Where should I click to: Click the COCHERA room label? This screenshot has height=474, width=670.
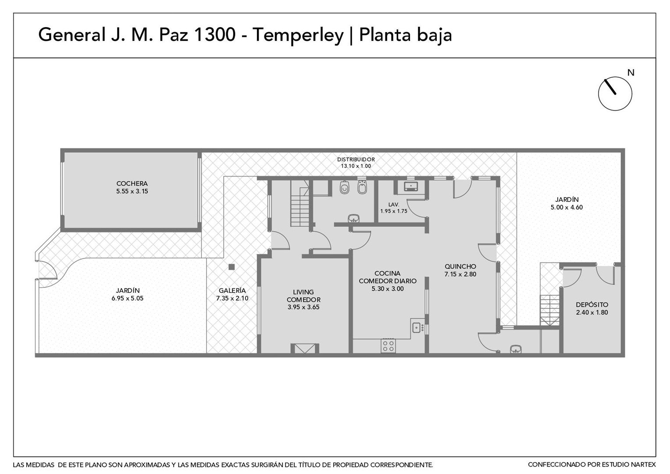[x=132, y=183]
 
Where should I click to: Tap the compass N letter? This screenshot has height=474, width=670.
[x=631, y=73]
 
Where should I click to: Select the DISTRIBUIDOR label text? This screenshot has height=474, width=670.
[x=356, y=160]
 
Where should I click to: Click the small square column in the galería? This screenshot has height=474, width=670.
[x=232, y=267]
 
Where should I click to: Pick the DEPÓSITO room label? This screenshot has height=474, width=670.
[x=592, y=305]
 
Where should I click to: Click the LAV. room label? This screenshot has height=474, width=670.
[x=394, y=205]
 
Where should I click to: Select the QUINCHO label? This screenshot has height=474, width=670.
[x=460, y=266]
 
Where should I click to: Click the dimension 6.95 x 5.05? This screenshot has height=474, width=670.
[x=128, y=298]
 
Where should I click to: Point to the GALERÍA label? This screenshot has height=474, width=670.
[x=232, y=291]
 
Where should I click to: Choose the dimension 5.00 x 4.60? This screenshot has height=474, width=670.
[x=567, y=207]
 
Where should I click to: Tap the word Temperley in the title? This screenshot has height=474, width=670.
[x=298, y=36]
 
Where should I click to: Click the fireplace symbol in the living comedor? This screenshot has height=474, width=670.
[x=305, y=349]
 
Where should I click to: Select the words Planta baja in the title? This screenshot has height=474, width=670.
[x=405, y=36]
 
